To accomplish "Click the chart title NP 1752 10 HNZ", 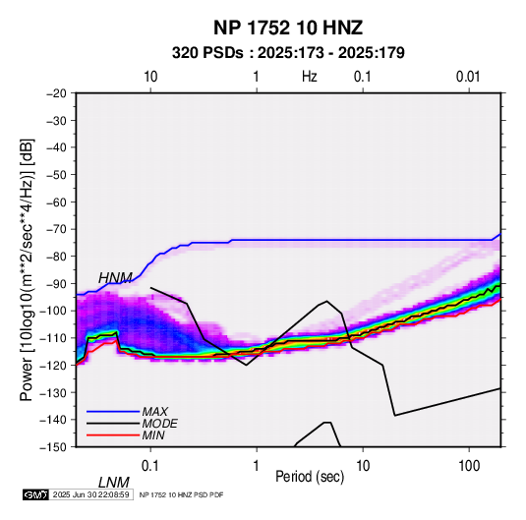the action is click(x=288, y=28).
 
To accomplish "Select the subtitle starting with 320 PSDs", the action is click(x=288, y=53).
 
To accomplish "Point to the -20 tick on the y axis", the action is click(x=56, y=93).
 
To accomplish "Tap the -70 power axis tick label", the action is click(x=56, y=229).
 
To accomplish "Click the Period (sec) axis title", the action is click(x=310, y=477).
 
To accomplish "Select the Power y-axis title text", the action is click(x=27, y=269).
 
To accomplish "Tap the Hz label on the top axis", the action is click(x=310, y=77).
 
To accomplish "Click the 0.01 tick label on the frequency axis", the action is click(x=468, y=77).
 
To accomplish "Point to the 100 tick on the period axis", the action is click(x=469, y=466).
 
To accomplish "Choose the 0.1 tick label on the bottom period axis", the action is click(x=150, y=466).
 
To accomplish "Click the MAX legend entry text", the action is click(x=155, y=412).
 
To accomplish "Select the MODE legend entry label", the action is click(x=159, y=424).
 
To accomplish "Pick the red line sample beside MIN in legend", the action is click(x=113, y=435).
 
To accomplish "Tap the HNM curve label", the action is click(x=115, y=278).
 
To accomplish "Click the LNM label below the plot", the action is click(x=113, y=483).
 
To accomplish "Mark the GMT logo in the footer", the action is click(x=35, y=494).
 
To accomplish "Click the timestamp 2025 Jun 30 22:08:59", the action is click(x=90, y=494).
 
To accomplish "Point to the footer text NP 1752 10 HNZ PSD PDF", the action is click(x=181, y=494).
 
